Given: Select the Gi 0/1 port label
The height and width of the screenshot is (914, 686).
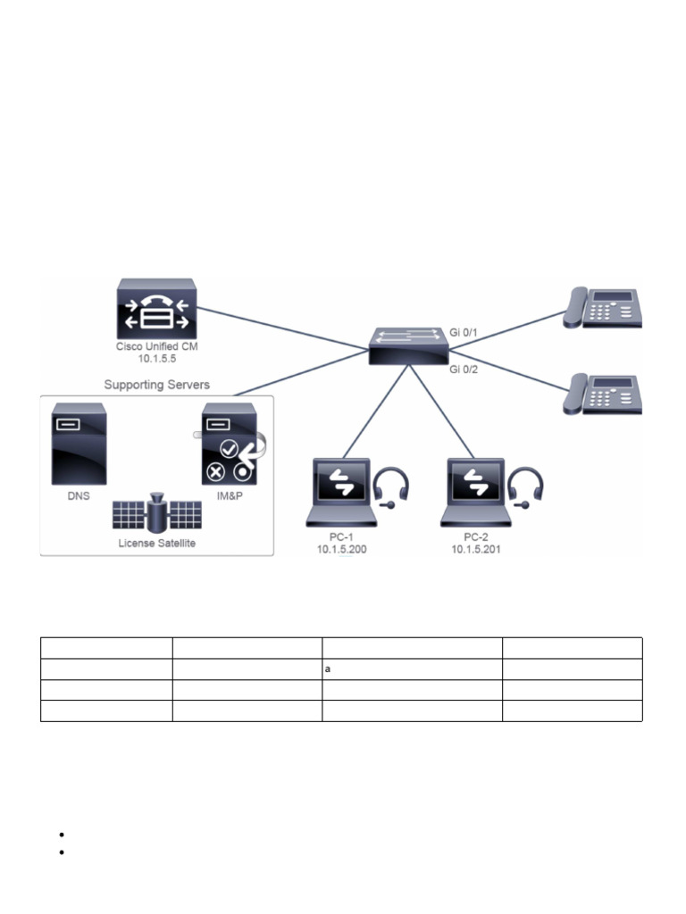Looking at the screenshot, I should tap(464, 331).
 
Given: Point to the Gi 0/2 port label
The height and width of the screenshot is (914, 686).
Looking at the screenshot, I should tap(464, 368).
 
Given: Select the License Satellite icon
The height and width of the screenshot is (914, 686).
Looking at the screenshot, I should tap(156, 512).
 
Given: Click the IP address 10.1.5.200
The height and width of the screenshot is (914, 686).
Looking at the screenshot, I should tap(341, 550).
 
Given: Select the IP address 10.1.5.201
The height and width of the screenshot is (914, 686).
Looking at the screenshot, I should tap(476, 550).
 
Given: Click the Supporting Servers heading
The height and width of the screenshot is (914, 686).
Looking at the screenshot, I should tap(156, 385).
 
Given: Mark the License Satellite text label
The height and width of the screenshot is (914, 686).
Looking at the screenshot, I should tap(156, 543).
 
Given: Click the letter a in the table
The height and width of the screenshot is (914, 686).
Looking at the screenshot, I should tap(329, 669).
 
